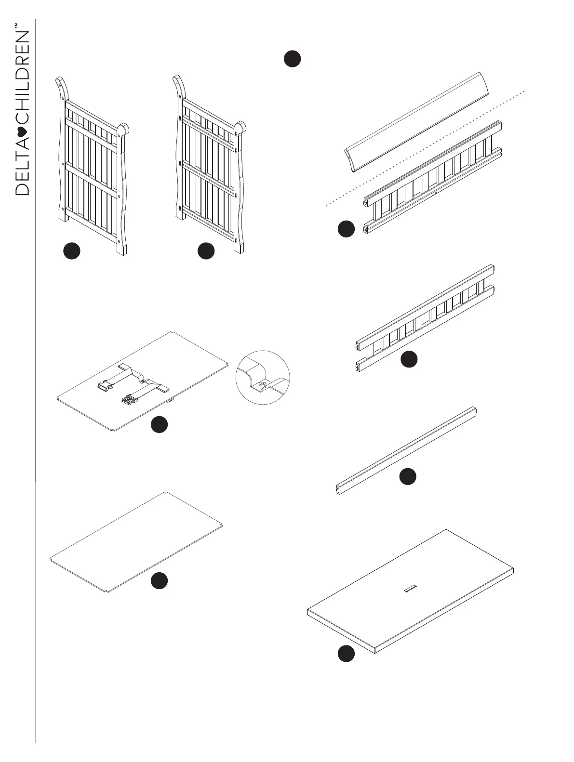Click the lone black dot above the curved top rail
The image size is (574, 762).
[x=292, y=58]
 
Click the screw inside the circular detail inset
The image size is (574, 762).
[x=263, y=383]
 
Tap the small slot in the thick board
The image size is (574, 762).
[x=411, y=587]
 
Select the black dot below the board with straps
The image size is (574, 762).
[x=159, y=424]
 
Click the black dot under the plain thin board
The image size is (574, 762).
[x=159, y=581]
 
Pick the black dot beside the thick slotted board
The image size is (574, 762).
[x=346, y=654]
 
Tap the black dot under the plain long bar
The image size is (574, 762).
[x=408, y=476]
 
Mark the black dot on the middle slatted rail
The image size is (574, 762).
[x=409, y=359]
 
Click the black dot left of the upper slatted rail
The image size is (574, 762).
[x=346, y=229]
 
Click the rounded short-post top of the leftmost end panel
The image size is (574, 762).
[x=123, y=129]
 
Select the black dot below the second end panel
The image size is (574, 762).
[x=206, y=251]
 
